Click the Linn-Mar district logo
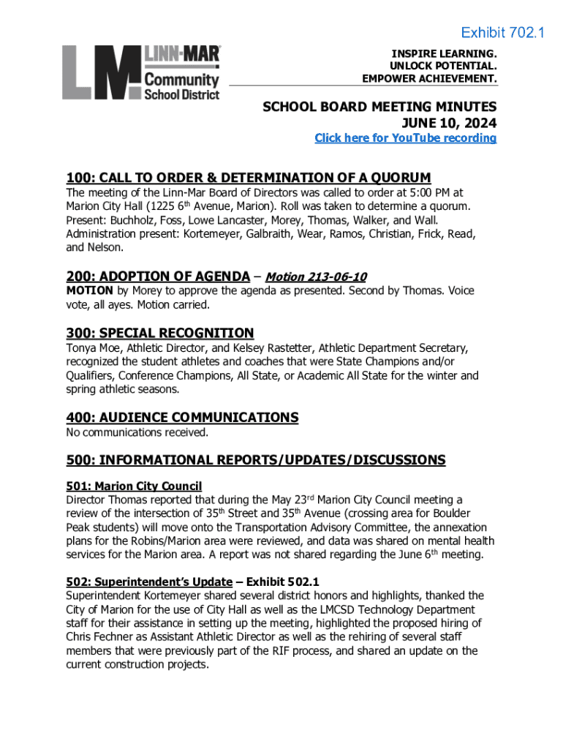pos(140,72)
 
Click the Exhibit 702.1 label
pos(502,33)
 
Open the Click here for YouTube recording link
pos(405,138)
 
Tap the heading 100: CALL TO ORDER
pos(249,178)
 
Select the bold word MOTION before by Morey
pos(89,291)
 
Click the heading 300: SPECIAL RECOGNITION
pos(160,333)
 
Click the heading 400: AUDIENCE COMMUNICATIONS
pos(182,418)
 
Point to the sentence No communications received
pos(137,432)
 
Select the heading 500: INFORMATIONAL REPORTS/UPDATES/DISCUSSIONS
pos(255,460)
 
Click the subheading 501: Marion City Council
pos(134,486)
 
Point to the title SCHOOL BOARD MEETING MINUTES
pos(379,107)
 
